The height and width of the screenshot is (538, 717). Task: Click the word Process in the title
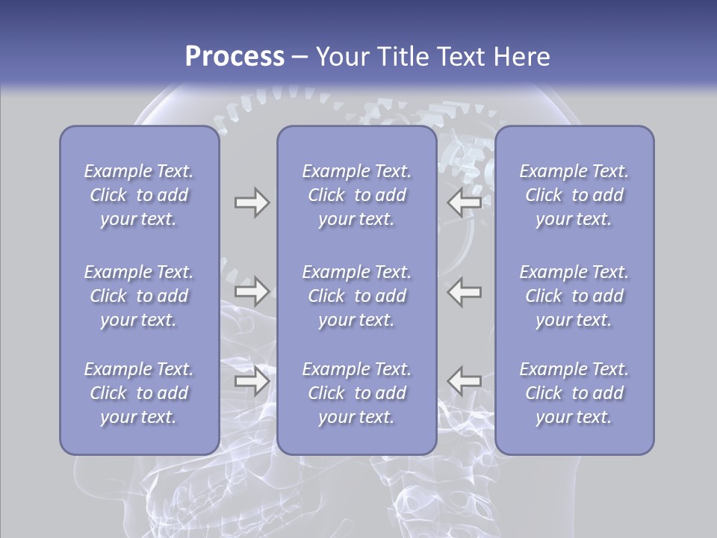click(x=235, y=57)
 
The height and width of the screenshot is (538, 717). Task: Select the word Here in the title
click(x=522, y=57)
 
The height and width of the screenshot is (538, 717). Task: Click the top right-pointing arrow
click(x=252, y=202)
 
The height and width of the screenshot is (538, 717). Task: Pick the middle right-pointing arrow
click(x=252, y=291)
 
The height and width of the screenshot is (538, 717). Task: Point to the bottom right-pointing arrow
click(x=252, y=382)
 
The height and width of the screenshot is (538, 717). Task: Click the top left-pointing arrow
click(x=465, y=202)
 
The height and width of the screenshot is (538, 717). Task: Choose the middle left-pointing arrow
click(x=465, y=291)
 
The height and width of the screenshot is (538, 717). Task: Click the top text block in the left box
click(x=139, y=195)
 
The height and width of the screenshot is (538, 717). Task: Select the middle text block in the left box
click(x=139, y=296)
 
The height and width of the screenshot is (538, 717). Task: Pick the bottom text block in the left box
click(x=139, y=393)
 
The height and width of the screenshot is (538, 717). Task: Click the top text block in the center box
click(x=356, y=195)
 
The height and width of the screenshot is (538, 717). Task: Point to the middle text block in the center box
click(x=356, y=296)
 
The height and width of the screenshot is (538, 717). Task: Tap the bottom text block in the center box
click(x=356, y=393)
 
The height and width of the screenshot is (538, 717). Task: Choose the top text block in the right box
click(x=574, y=195)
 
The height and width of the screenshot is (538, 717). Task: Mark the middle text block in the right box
click(x=574, y=296)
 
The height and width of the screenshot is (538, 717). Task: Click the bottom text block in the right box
click(x=574, y=393)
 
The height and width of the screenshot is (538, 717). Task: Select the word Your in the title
click(x=339, y=57)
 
